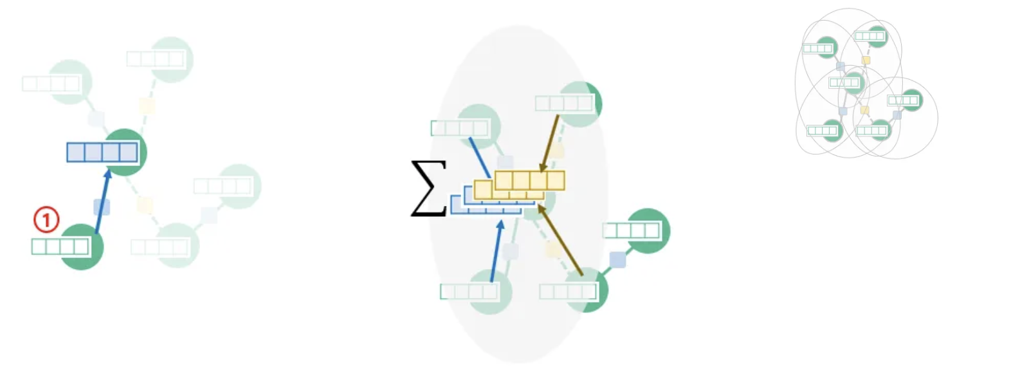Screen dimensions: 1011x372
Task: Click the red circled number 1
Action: point(46,219)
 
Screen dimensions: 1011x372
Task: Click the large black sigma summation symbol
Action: point(428,188)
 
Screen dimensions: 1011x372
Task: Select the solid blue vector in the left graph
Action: point(102,153)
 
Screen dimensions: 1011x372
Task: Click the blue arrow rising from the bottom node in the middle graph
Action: point(496,251)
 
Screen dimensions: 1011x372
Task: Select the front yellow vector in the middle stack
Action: point(529,180)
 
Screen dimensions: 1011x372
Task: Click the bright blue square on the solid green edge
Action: point(617,260)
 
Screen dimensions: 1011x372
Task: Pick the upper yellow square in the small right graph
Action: point(866,60)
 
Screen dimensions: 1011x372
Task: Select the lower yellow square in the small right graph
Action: point(864,110)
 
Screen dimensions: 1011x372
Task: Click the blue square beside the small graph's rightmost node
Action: point(897,115)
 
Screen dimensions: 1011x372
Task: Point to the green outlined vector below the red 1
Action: point(60,246)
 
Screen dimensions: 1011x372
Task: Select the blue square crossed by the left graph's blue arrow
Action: point(102,207)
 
